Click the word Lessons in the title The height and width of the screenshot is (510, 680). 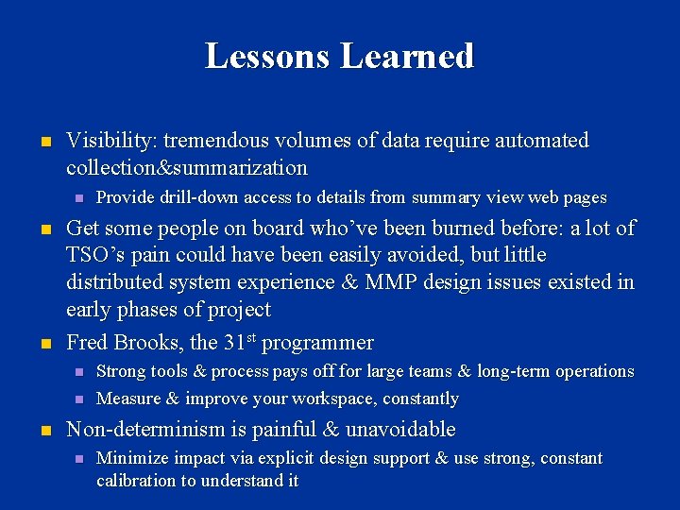[x=268, y=57]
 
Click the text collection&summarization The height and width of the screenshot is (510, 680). [x=187, y=169]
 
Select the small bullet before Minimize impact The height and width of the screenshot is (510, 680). [x=79, y=459]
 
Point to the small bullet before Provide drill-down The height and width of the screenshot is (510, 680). [x=79, y=198]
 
